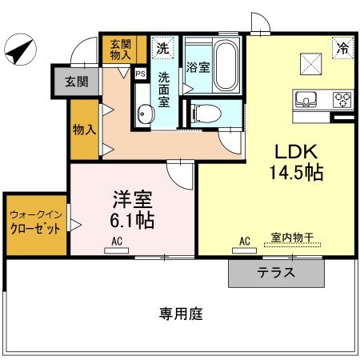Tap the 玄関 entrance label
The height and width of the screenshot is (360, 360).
[x=77, y=81]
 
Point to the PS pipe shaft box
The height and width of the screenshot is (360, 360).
[x=141, y=74]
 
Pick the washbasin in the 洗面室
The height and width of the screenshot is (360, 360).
[x=143, y=114]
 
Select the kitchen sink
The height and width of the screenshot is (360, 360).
[x=307, y=101]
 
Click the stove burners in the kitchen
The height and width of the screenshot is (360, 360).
[x=342, y=101]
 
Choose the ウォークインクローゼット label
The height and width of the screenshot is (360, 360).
[x=36, y=221]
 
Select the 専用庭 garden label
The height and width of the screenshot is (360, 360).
[x=180, y=314]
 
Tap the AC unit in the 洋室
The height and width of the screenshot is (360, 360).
[x=116, y=248]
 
